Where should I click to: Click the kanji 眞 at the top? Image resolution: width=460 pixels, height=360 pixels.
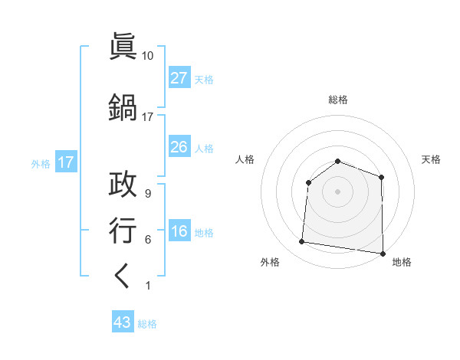tap(123, 47)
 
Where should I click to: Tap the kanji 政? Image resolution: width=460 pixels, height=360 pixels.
tap(123, 186)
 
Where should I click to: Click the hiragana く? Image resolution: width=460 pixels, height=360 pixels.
tap(123, 277)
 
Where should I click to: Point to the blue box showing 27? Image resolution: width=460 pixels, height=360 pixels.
tap(179, 78)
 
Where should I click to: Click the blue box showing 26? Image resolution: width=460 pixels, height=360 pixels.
tap(179, 147)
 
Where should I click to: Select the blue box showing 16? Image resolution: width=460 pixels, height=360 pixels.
tap(179, 231)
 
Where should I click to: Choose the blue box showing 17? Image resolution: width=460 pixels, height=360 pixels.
tap(65, 162)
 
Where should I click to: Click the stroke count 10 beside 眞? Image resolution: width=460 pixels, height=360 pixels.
tap(147, 56)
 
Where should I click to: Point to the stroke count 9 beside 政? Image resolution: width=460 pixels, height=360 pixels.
tap(147, 194)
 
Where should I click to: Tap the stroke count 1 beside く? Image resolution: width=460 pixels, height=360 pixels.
tap(147, 286)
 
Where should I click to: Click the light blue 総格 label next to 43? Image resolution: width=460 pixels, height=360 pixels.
tap(147, 323)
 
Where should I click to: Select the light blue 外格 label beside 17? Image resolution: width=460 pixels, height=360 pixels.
tap(41, 163)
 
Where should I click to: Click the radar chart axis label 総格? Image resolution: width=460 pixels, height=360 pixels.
tap(337, 100)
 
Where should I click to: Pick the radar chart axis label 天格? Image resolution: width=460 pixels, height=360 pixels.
tap(431, 159)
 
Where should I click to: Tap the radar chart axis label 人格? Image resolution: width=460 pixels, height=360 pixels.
tap(245, 159)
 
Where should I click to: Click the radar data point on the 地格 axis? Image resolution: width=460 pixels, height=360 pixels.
tap(383, 253)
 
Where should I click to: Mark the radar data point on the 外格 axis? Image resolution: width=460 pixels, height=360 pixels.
tap(301, 242)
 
